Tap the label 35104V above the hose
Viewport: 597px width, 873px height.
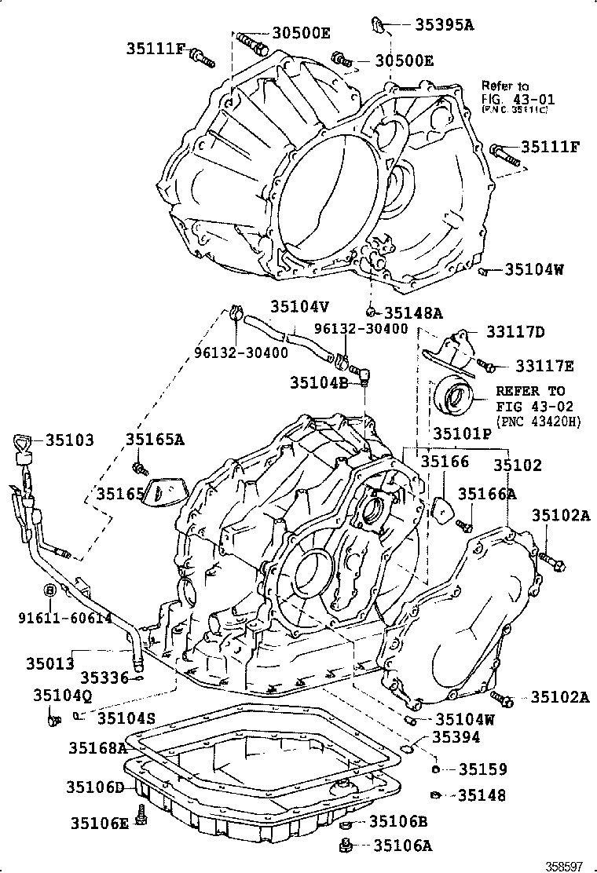(x=299, y=307)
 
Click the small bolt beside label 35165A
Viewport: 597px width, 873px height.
(x=141, y=469)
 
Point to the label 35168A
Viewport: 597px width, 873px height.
(x=96, y=747)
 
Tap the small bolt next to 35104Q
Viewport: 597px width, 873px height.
(x=53, y=717)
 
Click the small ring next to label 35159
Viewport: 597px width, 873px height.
(x=434, y=769)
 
